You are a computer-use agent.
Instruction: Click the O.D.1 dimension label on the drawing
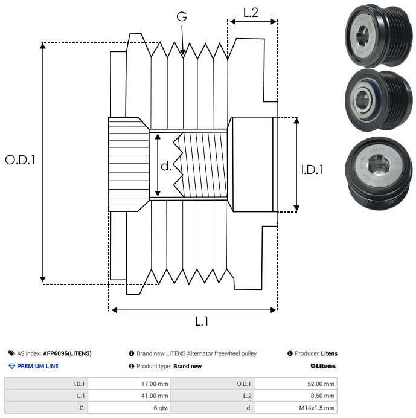click(x=20, y=160)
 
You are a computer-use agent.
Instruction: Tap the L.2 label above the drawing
click(x=251, y=13)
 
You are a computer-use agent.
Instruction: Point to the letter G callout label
click(x=182, y=16)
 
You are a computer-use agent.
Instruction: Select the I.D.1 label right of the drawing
click(x=312, y=170)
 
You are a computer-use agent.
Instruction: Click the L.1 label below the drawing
click(x=202, y=321)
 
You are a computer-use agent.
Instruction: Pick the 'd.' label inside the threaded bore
click(x=166, y=166)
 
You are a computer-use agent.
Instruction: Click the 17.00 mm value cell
click(x=130, y=384)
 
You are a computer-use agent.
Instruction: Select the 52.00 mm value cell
click(x=295, y=384)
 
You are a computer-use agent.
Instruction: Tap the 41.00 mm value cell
click(x=130, y=396)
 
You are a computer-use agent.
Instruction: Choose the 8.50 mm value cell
click(x=295, y=396)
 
